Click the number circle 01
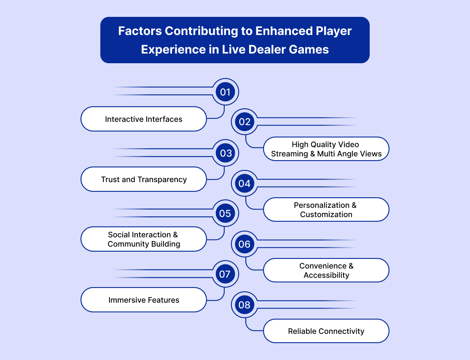click(226, 91)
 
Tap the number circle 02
click(244, 122)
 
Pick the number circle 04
click(244, 183)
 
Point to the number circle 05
click(225, 213)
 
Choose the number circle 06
click(244, 244)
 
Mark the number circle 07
click(225, 274)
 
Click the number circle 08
click(244, 305)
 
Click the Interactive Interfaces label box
click(144, 119)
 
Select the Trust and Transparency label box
click(144, 180)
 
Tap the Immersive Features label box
click(144, 300)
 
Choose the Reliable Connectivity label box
click(326, 331)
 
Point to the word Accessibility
click(326, 275)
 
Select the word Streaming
click(289, 154)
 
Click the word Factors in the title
click(140, 31)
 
